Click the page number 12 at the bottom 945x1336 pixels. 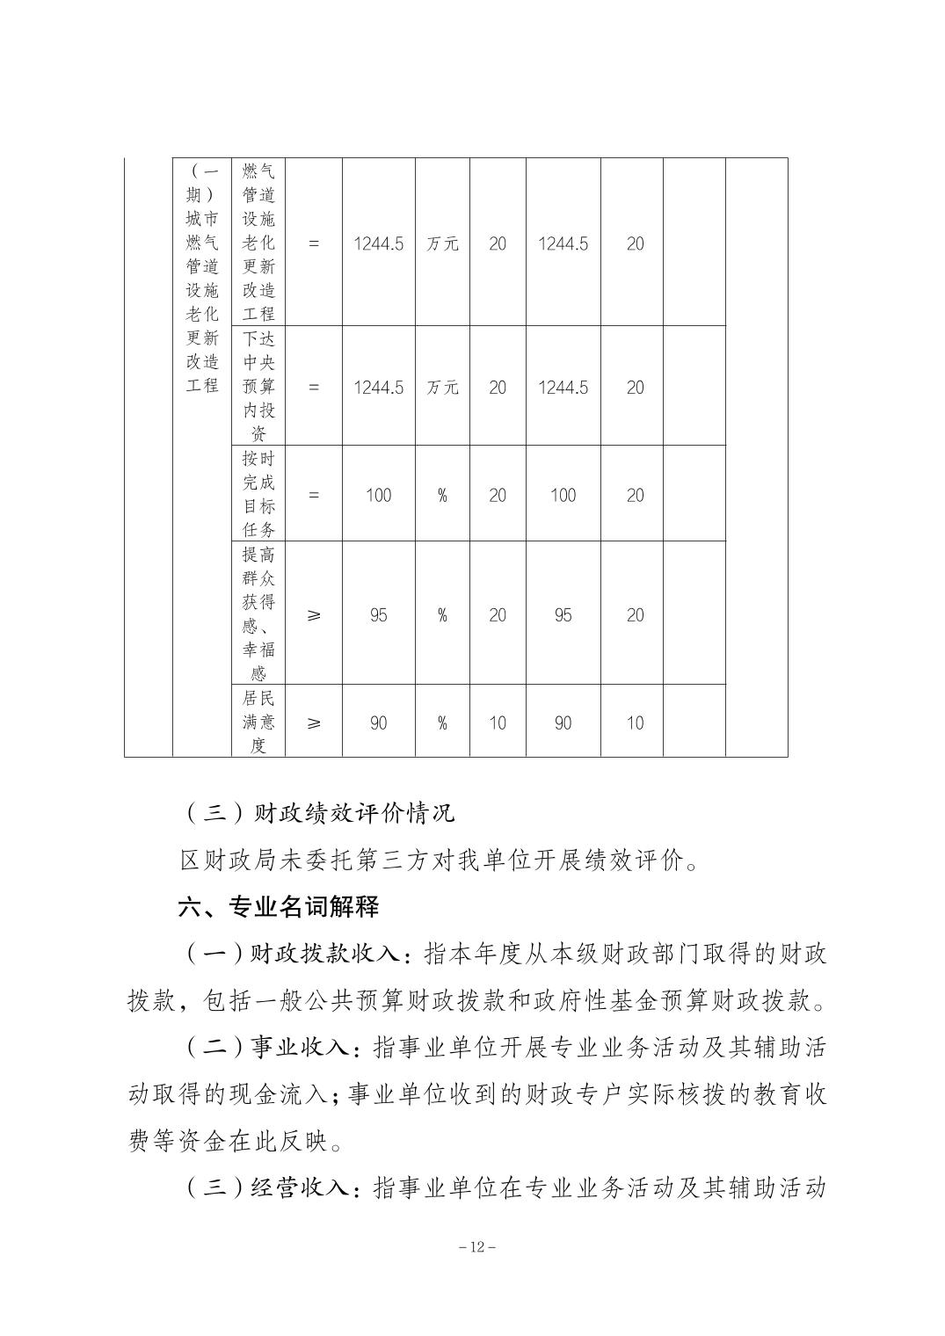(472, 1247)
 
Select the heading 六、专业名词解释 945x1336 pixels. (279, 906)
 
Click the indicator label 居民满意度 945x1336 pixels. (258, 722)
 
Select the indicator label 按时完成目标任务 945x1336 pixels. (258, 494)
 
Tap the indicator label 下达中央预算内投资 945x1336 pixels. (258, 387)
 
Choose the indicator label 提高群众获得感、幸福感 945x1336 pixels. (258, 614)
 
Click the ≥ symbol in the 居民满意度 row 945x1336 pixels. (314, 722)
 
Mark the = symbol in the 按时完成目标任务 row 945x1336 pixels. (314, 495)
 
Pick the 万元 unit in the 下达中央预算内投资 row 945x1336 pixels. (442, 388)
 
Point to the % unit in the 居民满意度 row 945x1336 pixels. (442, 723)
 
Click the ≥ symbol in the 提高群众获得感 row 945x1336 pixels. (314, 615)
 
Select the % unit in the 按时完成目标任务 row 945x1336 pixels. (442, 496)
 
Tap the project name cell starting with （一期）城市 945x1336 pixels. (202, 278)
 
